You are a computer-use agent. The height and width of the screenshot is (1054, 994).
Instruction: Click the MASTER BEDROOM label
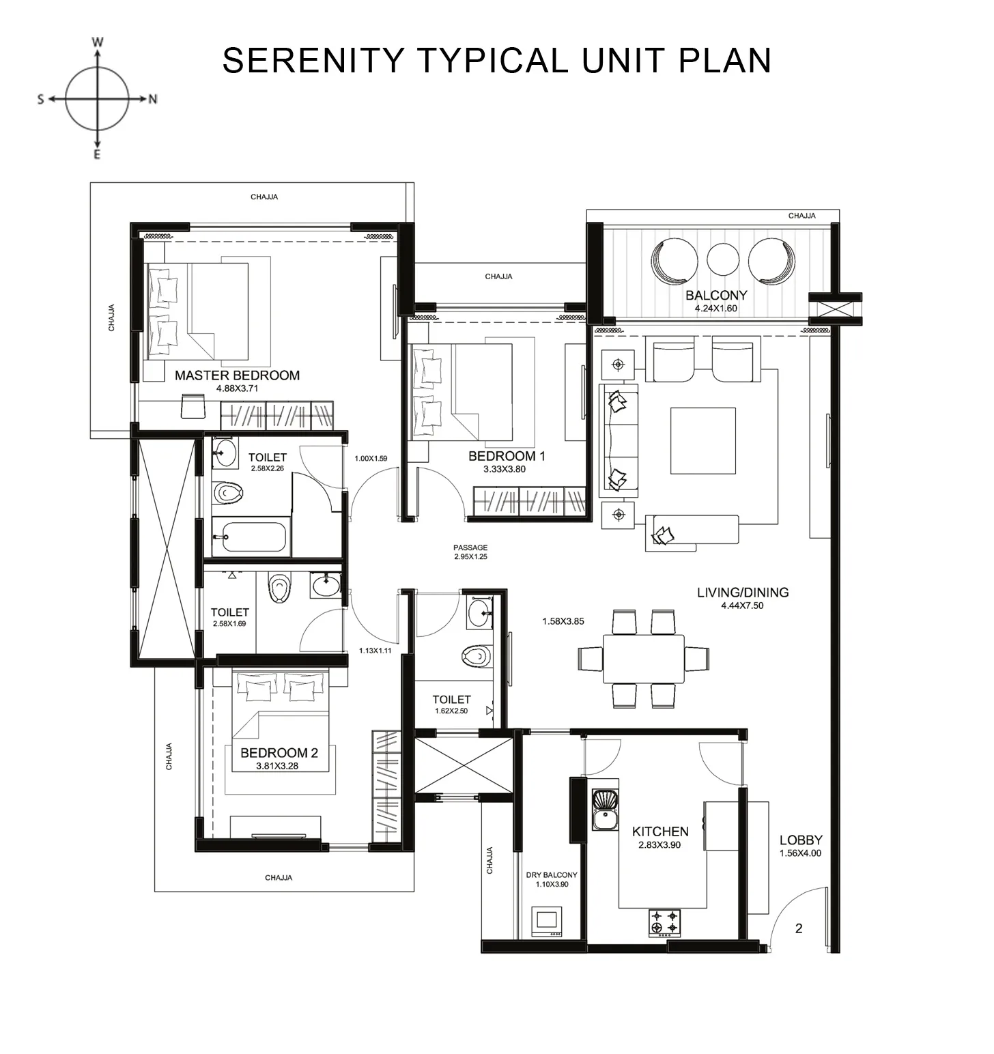237,375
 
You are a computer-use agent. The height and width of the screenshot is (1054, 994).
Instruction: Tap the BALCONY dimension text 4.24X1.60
715,309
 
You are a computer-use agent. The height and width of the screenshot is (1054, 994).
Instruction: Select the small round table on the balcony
723,259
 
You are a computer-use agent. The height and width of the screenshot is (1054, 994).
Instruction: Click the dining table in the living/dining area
643,659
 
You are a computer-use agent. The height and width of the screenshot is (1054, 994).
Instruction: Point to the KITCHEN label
659,831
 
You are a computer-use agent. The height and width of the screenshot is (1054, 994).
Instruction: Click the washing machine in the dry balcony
547,921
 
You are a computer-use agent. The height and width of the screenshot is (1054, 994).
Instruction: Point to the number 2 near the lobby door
799,928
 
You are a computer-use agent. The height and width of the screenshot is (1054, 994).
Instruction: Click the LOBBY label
800,840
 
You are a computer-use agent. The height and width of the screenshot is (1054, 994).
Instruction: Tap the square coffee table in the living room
702,440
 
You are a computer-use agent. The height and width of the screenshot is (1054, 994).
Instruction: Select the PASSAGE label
470,547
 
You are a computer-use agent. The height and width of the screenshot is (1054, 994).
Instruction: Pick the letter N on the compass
153,99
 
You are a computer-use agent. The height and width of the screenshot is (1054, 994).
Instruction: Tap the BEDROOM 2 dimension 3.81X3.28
277,766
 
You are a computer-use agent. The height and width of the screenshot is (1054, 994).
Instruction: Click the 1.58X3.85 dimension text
563,621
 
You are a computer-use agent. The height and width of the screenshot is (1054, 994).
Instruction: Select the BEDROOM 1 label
507,456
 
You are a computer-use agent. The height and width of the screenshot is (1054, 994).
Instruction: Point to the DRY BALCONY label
551,874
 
